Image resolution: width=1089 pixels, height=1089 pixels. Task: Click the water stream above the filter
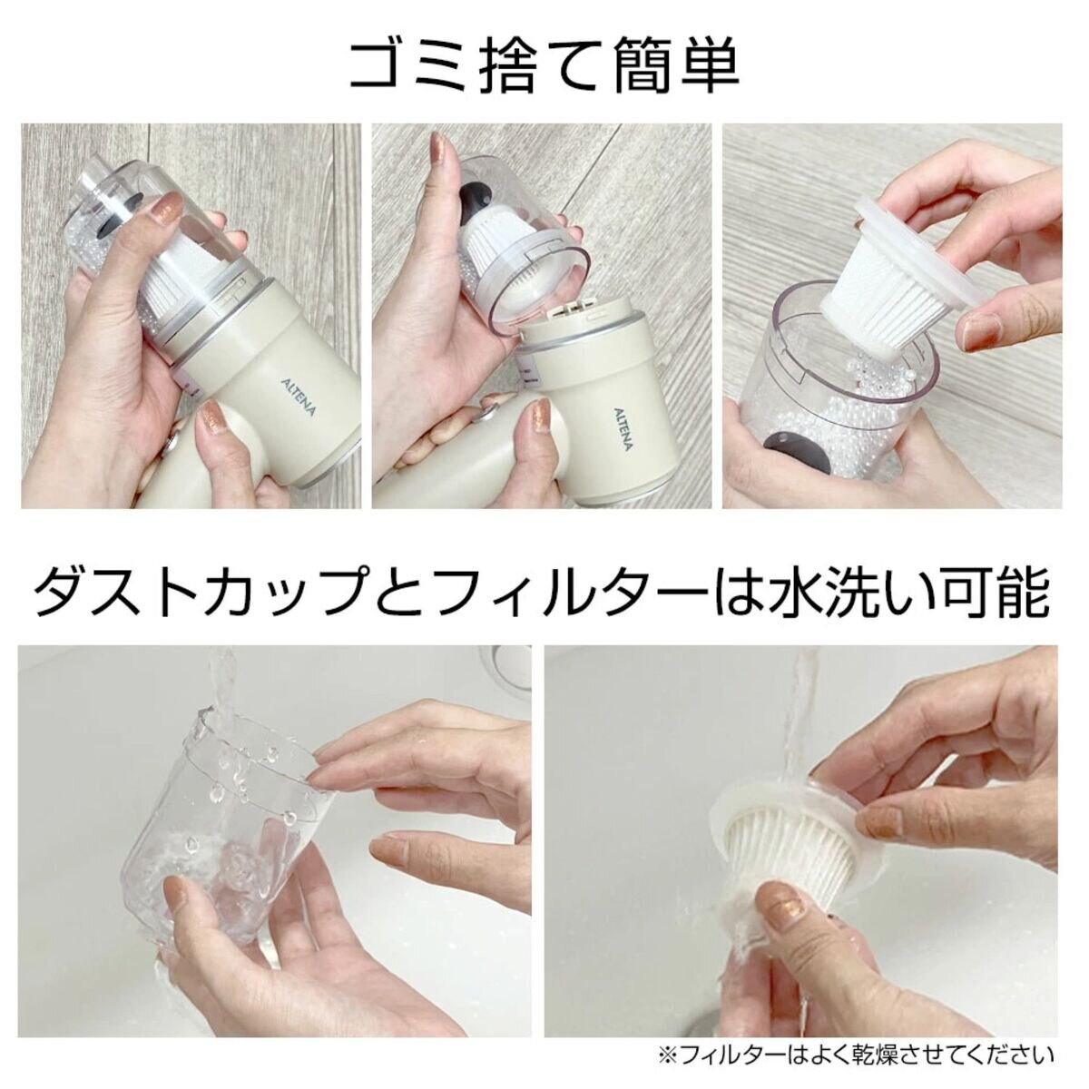click(805, 723)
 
